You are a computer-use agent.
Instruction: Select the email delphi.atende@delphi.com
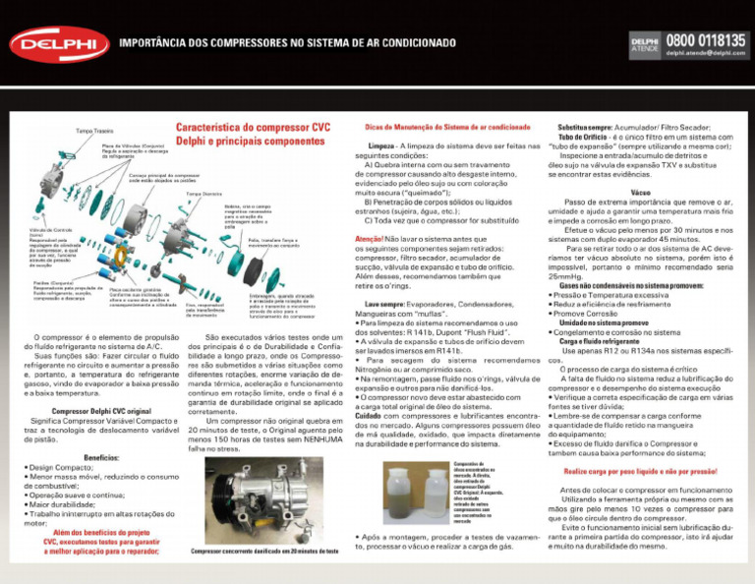coord(706,53)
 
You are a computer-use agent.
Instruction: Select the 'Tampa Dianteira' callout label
coord(203,194)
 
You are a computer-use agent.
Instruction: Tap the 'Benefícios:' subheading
coord(102,457)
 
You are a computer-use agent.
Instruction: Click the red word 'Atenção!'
coord(368,239)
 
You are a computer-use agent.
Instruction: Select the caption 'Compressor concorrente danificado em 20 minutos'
coord(265,552)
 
